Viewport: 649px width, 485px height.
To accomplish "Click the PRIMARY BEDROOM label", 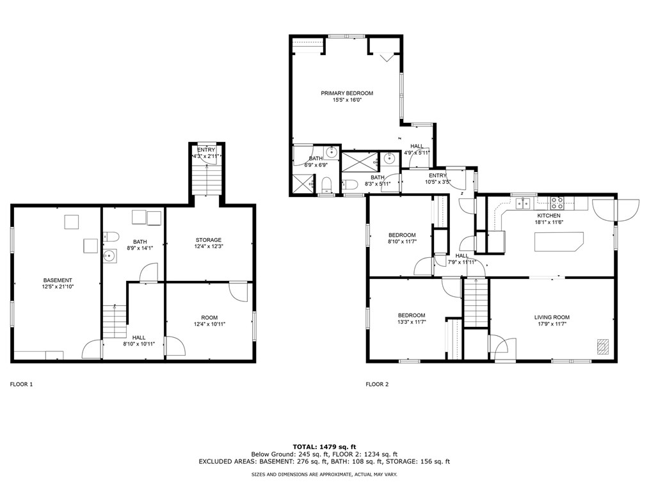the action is tap(347, 93).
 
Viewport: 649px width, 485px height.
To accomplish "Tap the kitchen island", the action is tap(559, 242).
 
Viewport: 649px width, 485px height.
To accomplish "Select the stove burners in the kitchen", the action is tap(557, 202).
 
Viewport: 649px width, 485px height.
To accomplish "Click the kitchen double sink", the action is tap(523, 203).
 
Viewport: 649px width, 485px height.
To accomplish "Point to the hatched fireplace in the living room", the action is tap(603, 346).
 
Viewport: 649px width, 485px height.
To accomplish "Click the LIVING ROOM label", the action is tap(552, 317).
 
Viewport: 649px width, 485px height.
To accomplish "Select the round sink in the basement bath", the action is tap(109, 256).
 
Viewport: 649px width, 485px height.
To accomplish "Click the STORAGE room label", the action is tap(209, 240).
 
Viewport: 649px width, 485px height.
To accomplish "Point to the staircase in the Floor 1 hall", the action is tap(114, 321).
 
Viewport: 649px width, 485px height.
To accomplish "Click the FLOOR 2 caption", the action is tap(377, 384).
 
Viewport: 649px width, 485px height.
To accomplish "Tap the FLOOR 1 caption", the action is tap(21, 384).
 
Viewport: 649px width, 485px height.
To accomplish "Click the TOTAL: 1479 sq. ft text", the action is tap(324, 447).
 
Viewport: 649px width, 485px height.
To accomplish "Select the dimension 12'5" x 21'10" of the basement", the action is tap(58, 287).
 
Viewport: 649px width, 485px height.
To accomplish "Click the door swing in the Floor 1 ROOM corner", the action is tap(238, 292).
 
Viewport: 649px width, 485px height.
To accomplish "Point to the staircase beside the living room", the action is tap(476, 303).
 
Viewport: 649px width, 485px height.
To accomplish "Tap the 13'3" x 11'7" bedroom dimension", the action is tap(412, 322).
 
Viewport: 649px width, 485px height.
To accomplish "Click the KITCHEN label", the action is tap(549, 216).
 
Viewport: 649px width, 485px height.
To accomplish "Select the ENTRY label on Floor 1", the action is tap(206, 150).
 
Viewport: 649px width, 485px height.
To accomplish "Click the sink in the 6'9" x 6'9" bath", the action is tap(331, 152).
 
